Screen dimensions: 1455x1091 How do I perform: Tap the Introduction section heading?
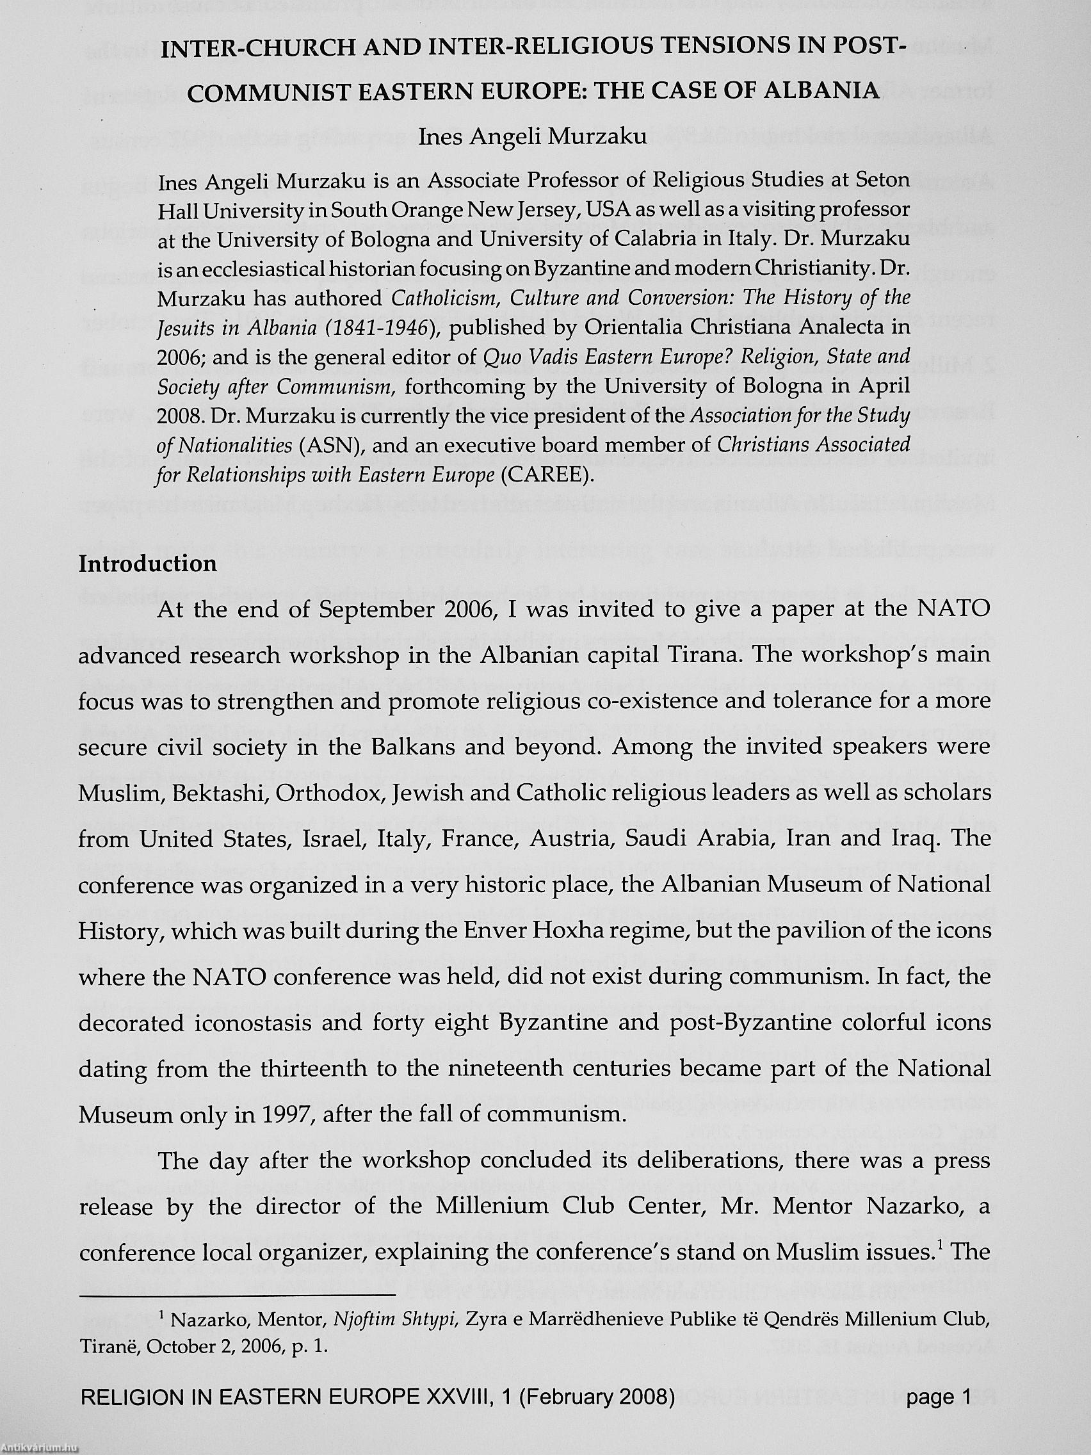click(x=147, y=564)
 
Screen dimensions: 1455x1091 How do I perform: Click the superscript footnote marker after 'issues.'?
click(x=942, y=1244)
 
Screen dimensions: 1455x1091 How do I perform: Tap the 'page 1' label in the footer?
click(x=939, y=1410)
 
